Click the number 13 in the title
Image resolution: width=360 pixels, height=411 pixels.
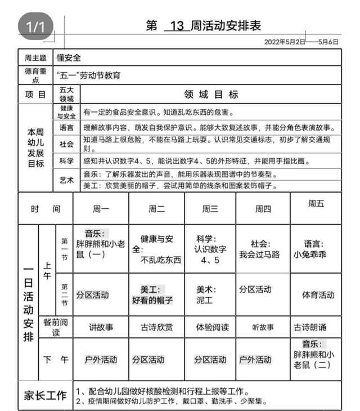click(177, 26)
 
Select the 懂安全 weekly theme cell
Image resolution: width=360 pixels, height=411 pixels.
click(69, 57)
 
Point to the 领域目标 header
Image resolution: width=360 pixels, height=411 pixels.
click(211, 94)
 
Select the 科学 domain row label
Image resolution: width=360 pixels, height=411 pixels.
click(66, 161)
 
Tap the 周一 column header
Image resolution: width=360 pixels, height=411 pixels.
click(101, 209)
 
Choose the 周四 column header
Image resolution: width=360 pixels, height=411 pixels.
click(263, 209)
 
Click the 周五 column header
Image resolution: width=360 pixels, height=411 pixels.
click(316, 203)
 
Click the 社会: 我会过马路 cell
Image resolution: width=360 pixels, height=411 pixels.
click(259, 249)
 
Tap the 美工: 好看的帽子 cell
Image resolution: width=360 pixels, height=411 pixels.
click(152, 294)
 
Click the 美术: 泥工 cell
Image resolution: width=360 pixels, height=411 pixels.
click(206, 294)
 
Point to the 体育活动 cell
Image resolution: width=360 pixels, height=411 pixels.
click(318, 294)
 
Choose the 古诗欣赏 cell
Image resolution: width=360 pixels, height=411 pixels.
click(156, 327)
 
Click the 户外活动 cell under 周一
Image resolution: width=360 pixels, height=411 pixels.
click(101, 360)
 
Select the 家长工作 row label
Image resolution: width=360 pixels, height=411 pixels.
click(44, 396)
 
